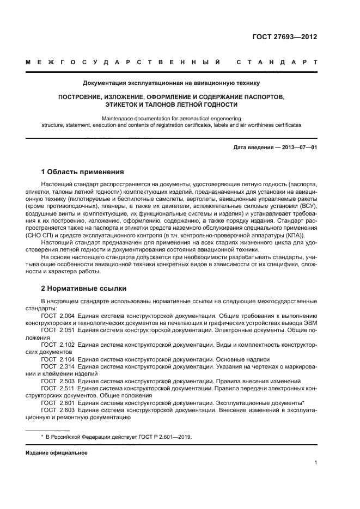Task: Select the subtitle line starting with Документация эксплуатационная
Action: [171, 83]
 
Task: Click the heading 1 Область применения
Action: [83, 171]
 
